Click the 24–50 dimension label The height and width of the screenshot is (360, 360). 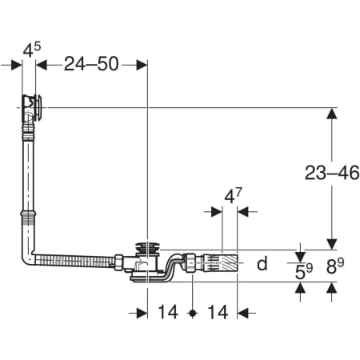[91, 64]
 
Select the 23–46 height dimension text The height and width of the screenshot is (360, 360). [332, 173]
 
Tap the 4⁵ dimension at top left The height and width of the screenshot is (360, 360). [32, 50]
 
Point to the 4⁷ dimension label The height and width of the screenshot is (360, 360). [233, 196]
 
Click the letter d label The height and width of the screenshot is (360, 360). [262, 263]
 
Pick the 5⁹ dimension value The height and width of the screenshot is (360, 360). [304, 271]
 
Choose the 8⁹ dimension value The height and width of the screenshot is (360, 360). [335, 266]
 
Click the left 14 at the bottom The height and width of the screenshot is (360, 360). [168, 312]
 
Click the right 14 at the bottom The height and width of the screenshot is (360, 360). [218, 312]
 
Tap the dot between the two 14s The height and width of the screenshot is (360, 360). [193, 313]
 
